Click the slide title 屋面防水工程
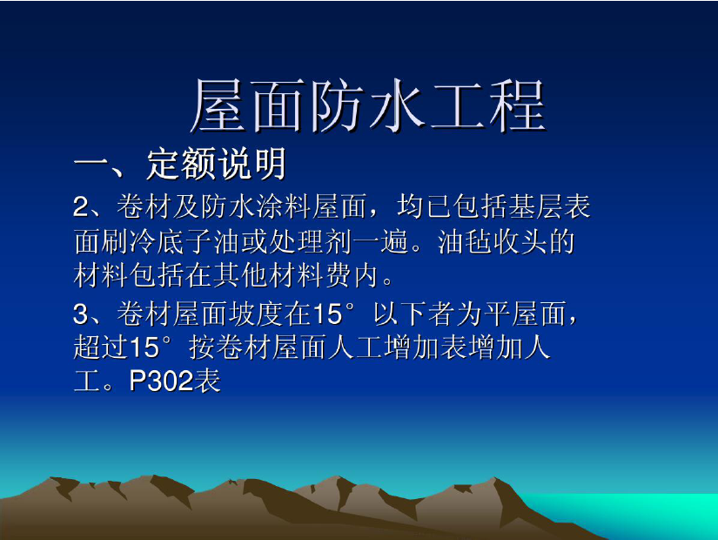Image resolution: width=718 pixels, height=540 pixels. (368, 105)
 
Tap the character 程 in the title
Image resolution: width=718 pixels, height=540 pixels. (518, 105)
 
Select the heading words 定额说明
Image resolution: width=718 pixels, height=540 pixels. (216, 164)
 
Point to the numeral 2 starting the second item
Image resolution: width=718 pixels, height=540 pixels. (81, 207)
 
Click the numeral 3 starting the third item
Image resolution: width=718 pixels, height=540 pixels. (81, 314)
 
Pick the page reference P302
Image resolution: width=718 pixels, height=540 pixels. (160, 381)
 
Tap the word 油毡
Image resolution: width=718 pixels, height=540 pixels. (465, 241)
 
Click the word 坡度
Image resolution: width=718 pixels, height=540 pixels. (255, 314)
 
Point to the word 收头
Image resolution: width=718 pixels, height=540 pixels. (520, 241)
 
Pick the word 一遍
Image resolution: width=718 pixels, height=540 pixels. (380, 241)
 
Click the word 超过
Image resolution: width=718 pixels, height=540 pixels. (101, 348)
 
